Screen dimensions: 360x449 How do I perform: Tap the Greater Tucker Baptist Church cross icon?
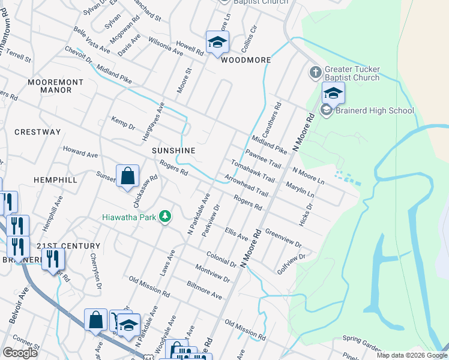315,73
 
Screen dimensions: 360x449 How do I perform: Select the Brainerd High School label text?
375,110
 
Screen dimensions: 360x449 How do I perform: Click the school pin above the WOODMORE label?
217,42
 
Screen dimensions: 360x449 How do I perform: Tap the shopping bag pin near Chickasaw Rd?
127,176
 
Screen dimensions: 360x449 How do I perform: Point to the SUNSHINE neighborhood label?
173,150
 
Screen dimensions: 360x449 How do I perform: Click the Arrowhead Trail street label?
246,185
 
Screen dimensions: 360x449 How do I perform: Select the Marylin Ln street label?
300,191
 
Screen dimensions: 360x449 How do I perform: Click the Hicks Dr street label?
306,214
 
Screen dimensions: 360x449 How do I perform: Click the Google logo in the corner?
20,353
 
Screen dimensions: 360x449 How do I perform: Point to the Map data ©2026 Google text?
411,355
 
